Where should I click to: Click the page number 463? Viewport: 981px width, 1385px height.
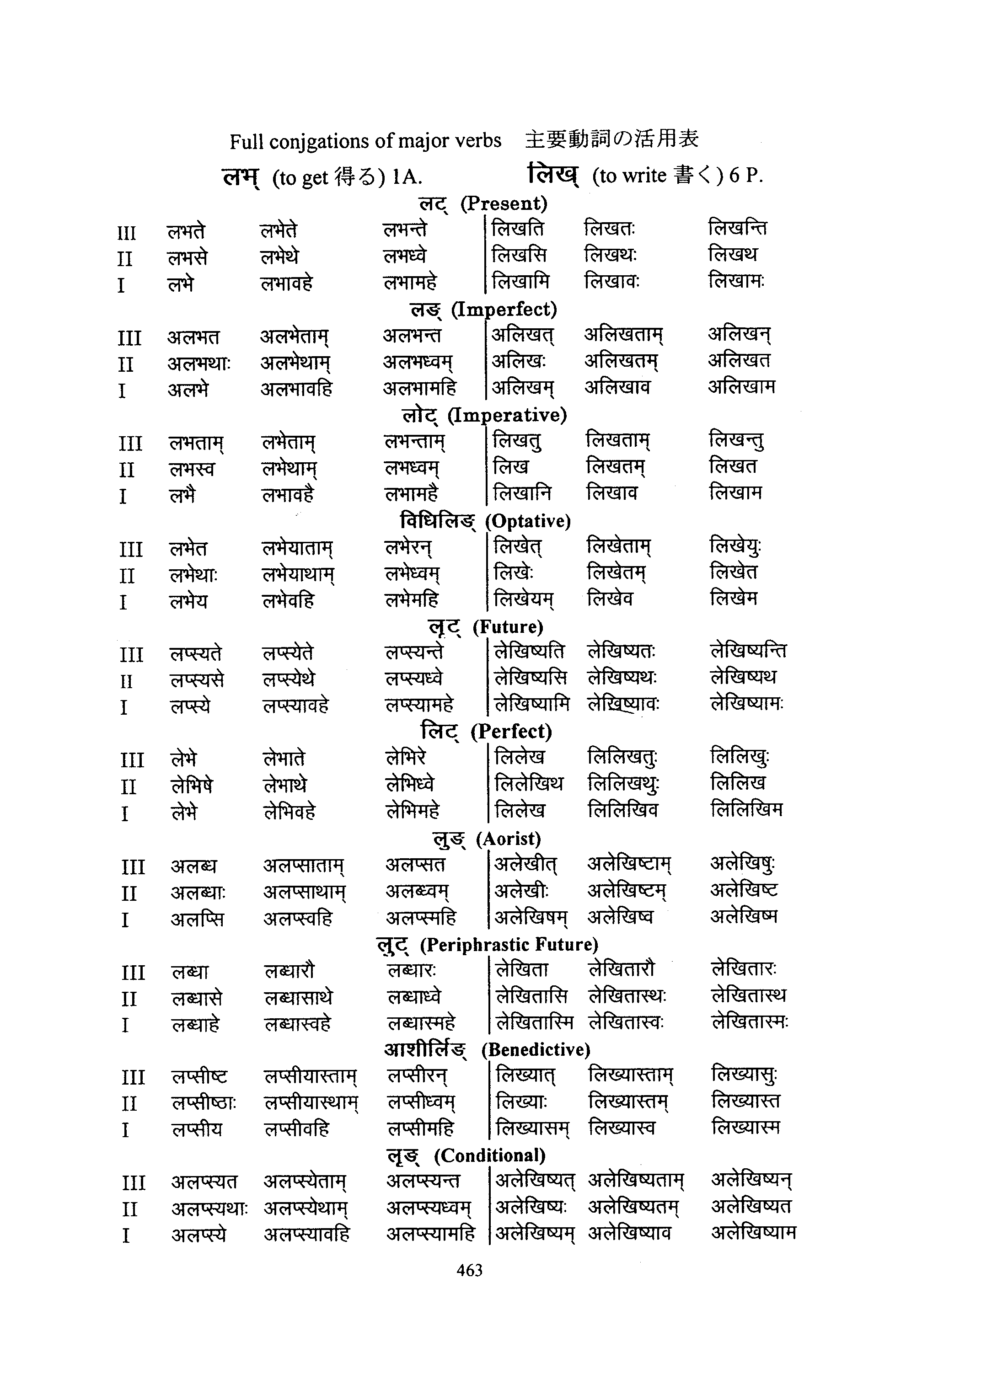[x=469, y=1270]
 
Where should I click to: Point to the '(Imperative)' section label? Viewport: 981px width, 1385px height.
[x=507, y=415]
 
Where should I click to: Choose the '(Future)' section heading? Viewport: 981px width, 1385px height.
[x=508, y=627]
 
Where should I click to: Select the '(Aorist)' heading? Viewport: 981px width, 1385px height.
[x=508, y=839]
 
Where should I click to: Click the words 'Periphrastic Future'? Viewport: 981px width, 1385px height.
[x=509, y=945]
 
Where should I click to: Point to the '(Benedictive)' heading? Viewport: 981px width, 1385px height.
[x=536, y=1050]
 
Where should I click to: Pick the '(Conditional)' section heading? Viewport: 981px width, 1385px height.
[x=489, y=1155]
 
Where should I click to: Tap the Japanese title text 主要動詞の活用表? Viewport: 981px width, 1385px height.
[x=611, y=139]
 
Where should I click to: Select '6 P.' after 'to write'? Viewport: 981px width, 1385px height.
[x=745, y=175]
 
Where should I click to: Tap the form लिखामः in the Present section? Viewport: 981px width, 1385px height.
[x=736, y=281]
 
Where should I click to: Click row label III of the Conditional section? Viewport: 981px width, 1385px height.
[x=133, y=1182]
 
